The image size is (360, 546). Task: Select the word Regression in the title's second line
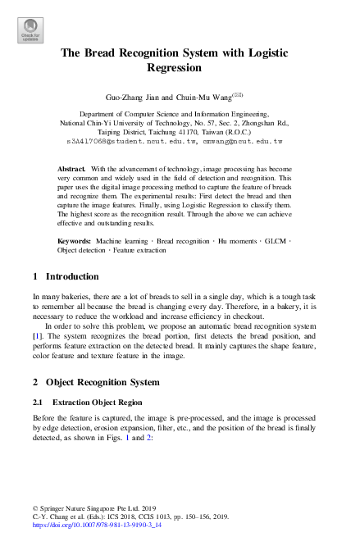180,69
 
